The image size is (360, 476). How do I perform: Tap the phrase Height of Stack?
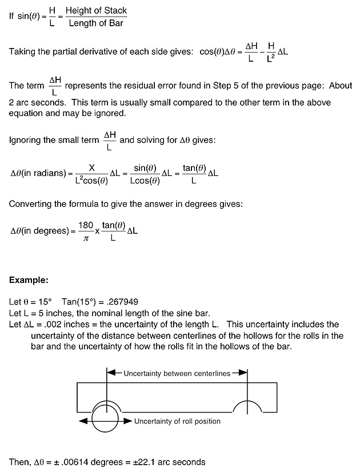pos(96,11)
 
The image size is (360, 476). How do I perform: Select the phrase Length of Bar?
pos(96,23)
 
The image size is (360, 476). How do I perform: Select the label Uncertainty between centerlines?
pos(177,373)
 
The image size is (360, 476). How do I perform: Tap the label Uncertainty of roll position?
pos(177,421)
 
